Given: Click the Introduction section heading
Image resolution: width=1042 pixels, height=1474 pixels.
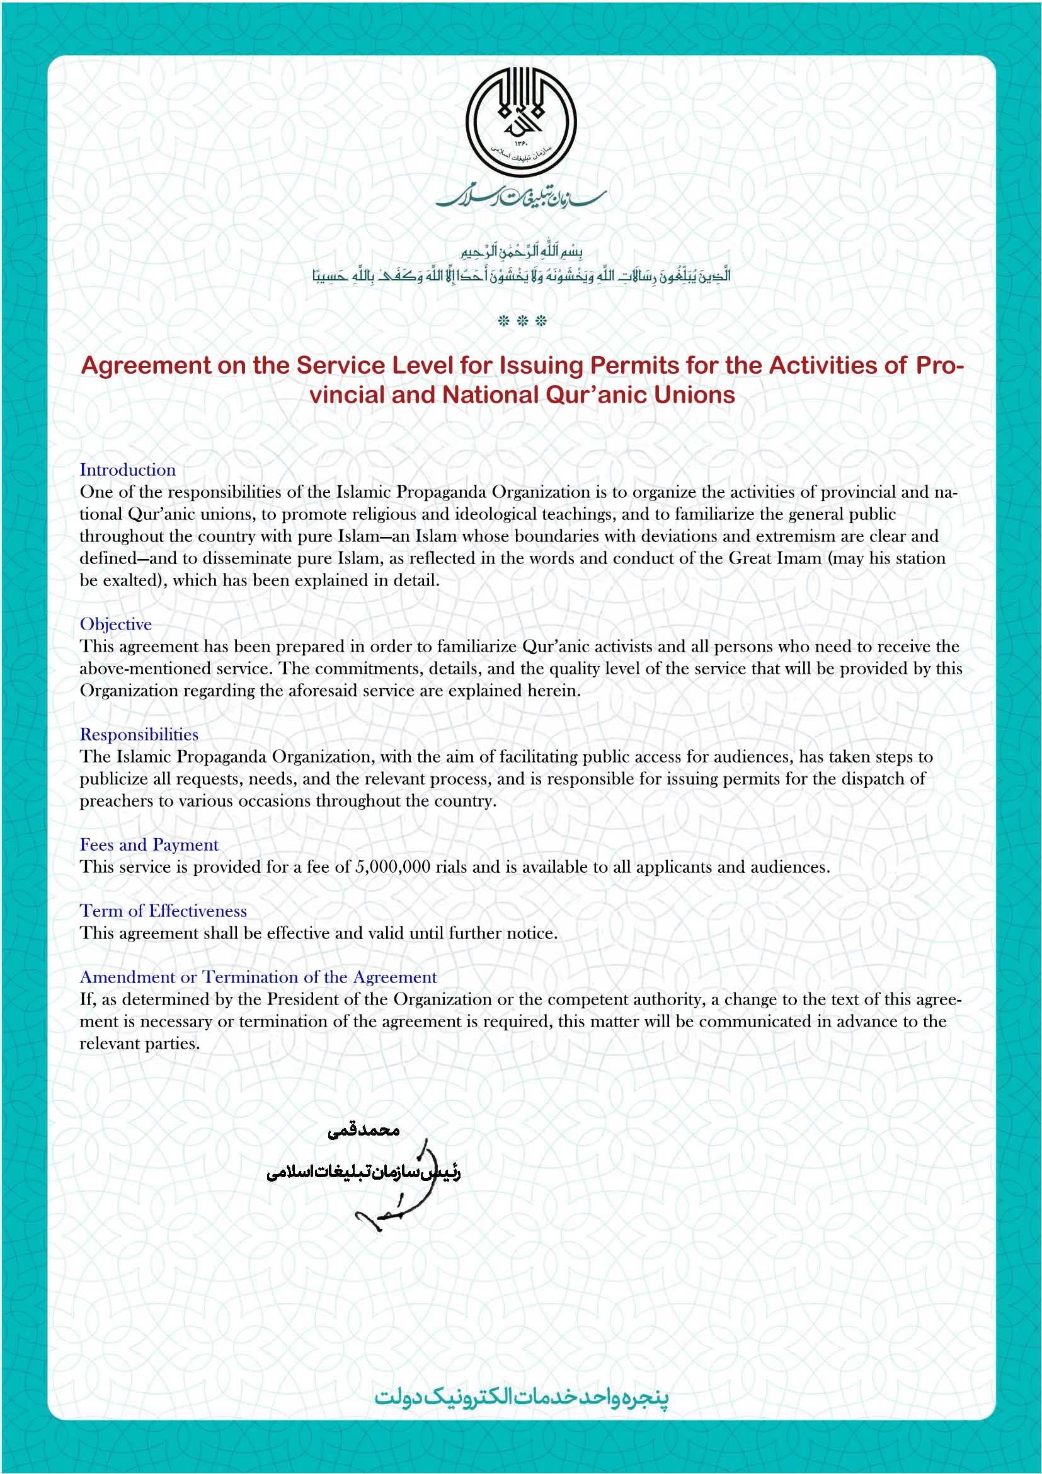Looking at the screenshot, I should tap(128, 470).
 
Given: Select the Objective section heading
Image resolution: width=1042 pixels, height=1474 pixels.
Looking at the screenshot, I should tap(115, 624).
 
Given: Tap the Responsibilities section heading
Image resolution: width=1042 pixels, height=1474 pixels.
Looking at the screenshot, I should tap(139, 734).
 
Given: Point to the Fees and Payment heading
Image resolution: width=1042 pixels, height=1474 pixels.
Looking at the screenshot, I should tap(149, 845).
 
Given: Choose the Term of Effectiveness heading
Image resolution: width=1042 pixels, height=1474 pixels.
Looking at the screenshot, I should tap(163, 911).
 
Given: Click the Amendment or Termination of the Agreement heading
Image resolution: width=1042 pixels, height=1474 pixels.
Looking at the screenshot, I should tap(258, 977).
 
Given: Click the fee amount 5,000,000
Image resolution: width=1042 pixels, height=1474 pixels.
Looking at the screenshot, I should tap(392, 867).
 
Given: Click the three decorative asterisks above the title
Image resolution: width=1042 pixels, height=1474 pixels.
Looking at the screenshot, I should tap(522, 321).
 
